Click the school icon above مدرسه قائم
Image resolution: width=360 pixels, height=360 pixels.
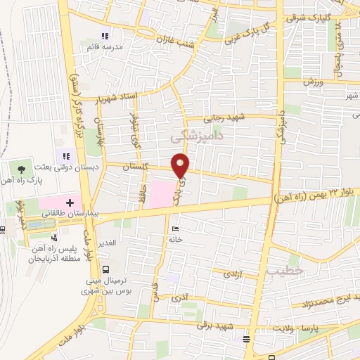pyautogui.click(x=105, y=36)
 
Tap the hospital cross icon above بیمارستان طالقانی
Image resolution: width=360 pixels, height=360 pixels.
pyautogui.click(x=69, y=202)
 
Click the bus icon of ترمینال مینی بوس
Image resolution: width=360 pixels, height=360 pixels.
pyautogui.click(x=105, y=269)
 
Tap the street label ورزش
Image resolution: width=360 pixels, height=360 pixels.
pyautogui.click(x=314, y=82)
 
